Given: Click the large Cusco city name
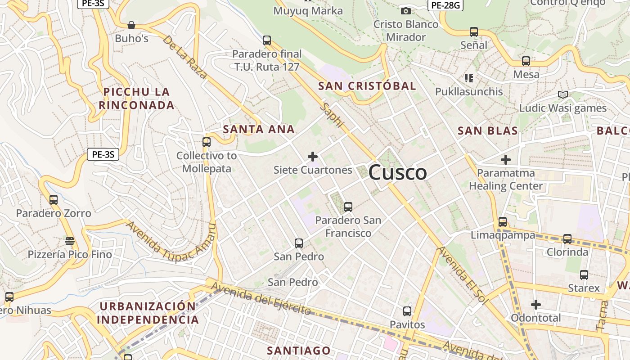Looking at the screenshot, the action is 398,173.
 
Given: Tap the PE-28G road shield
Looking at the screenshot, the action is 445,5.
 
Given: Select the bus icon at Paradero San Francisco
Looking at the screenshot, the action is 348,207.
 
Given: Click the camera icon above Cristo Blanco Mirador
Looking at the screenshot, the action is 405,11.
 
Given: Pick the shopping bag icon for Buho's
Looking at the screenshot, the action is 131,25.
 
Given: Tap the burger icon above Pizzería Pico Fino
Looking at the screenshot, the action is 69,241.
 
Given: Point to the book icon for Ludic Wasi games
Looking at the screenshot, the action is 562,94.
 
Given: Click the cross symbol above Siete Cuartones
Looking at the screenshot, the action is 313,157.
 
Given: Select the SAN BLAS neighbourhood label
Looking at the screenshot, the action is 488,131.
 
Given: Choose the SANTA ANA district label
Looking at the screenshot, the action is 259,130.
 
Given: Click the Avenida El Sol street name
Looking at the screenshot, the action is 462,275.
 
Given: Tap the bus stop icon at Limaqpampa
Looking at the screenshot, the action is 503,222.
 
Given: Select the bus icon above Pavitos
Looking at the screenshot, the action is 407,311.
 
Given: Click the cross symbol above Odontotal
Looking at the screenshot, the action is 535,305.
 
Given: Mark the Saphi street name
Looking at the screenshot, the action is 332,115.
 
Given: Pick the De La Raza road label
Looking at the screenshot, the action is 185,57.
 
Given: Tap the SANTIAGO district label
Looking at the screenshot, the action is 299,351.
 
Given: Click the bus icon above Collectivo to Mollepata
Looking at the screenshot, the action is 207,142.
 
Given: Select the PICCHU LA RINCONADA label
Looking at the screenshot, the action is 136,99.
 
